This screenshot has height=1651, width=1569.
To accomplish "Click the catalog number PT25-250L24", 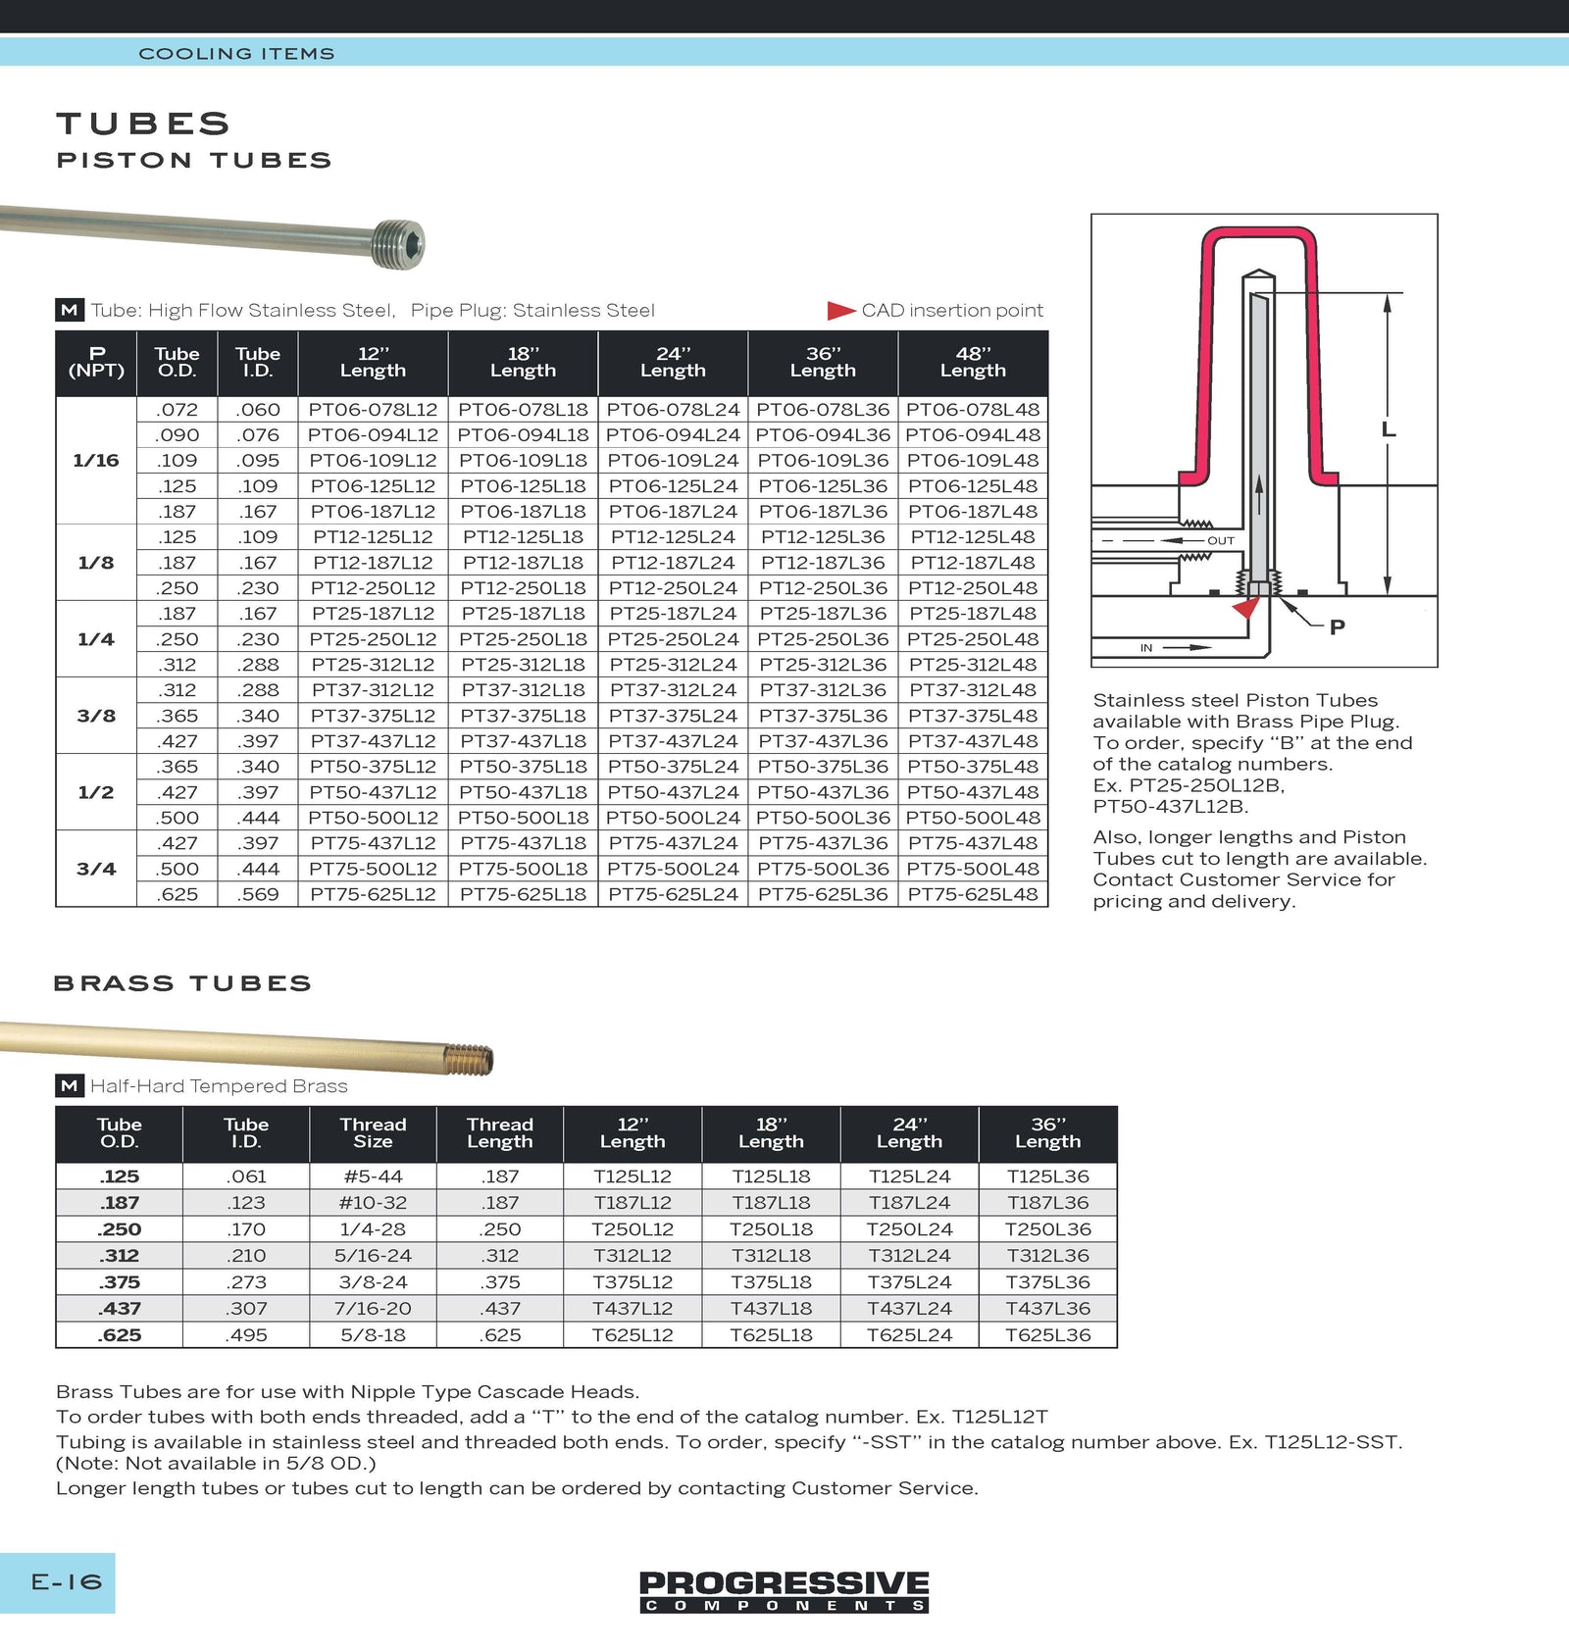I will [673, 639].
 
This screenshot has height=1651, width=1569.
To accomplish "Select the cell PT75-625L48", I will [973, 894].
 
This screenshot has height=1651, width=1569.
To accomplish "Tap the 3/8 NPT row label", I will [96, 716].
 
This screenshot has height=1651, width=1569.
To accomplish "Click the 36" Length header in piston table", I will [823, 363].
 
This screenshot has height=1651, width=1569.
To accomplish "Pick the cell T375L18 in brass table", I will [771, 1282].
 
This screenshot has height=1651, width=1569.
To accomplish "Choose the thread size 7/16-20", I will [373, 1309].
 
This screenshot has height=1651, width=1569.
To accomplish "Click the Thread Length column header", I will [500, 1133].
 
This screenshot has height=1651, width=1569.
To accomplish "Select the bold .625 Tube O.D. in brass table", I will [120, 1335].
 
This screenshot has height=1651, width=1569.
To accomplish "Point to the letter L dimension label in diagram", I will [1388, 429].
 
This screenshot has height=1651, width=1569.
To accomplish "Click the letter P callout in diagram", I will [1337, 627].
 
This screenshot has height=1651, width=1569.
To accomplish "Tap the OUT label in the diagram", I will [1221, 541].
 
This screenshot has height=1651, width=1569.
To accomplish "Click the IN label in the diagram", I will [1146, 648].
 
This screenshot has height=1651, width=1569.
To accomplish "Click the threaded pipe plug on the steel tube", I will [398, 244].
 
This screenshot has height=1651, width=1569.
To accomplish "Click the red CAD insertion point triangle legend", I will [840, 311].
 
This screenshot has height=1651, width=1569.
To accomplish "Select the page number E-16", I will [66, 1582].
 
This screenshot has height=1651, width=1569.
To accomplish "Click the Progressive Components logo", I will [784, 1590].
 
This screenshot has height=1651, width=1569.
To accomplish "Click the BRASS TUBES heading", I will [182, 983].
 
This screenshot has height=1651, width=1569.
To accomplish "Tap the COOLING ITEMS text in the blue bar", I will [236, 54].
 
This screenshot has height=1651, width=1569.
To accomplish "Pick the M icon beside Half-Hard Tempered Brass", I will [69, 1086].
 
